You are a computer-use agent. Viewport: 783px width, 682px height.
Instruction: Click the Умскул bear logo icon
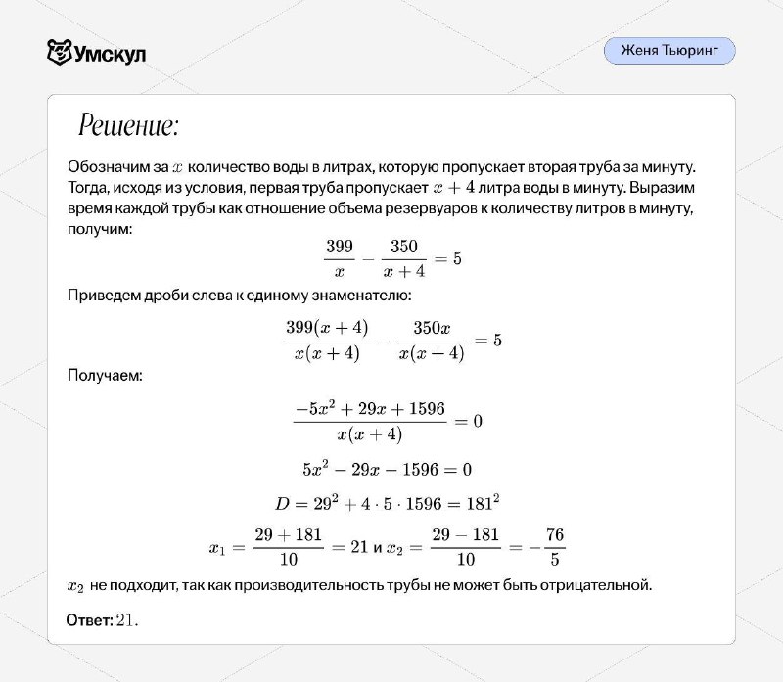tap(60, 51)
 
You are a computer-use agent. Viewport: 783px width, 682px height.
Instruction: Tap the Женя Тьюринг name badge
tap(668, 51)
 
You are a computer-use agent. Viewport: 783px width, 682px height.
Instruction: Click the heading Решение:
tap(128, 127)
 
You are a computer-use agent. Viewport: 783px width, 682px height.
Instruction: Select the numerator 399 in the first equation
tap(339, 248)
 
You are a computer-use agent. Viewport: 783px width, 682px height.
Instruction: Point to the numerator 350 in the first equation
tap(403, 248)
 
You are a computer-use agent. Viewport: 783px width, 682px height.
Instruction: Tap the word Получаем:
tap(105, 375)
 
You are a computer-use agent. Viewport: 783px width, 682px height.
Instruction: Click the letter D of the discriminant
tap(283, 504)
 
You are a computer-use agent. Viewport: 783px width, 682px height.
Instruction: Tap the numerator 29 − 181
tap(466, 537)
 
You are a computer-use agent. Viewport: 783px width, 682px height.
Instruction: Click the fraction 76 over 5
tap(556, 549)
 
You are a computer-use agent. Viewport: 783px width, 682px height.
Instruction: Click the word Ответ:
tap(89, 620)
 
